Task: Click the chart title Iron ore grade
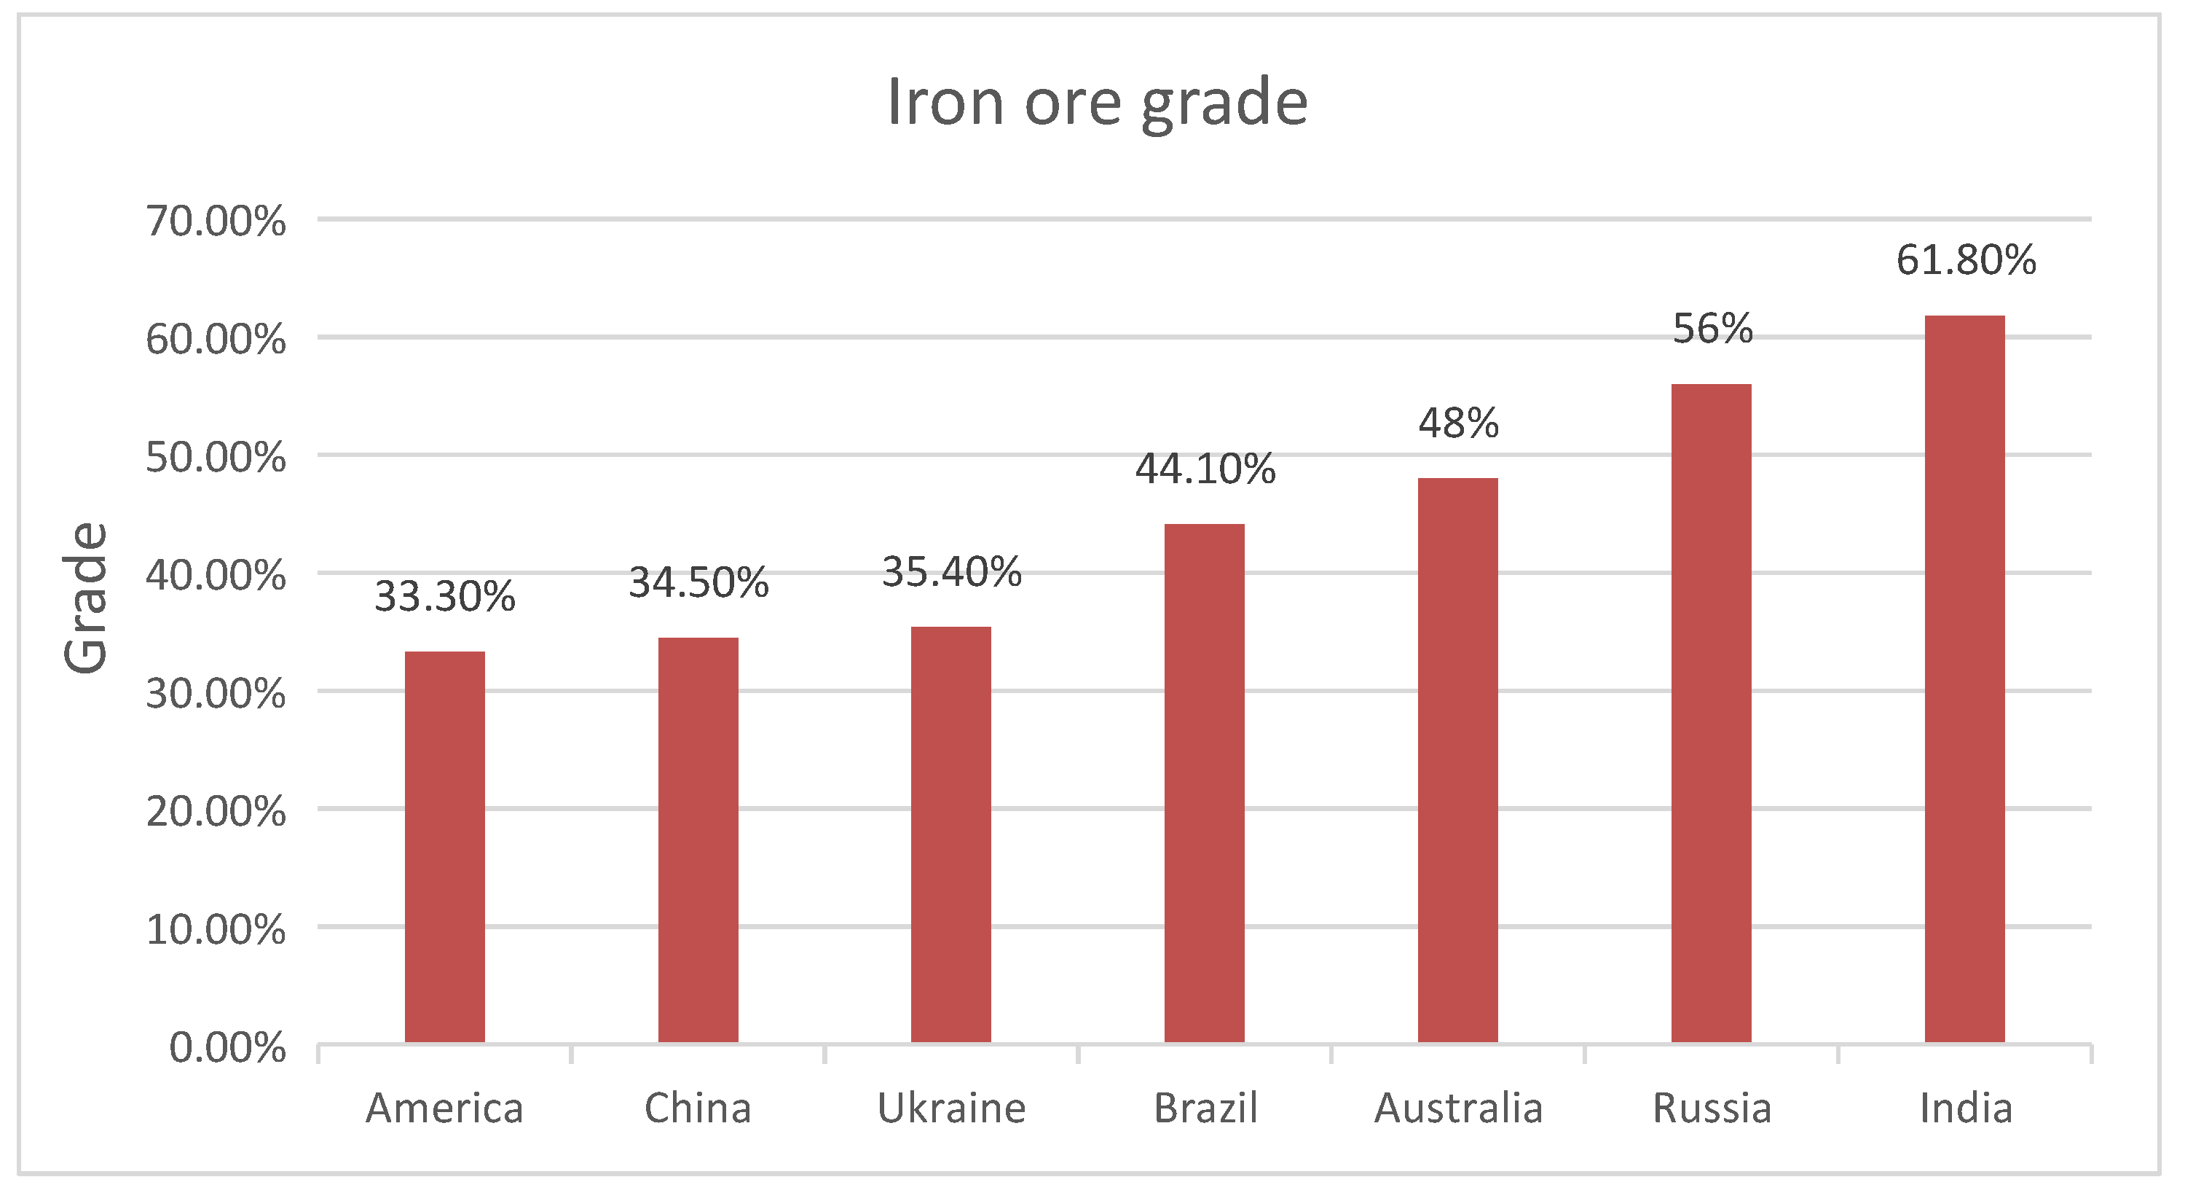pyautogui.click(x=1097, y=102)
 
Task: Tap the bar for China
pyautogui.click(x=698, y=840)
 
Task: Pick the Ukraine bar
pyautogui.click(x=951, y=835)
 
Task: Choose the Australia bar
pyautogui.click(x=1458, y=760)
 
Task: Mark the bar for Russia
pyautogui.click(x=1711, y=713)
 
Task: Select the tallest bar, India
pyautogui.click(x=1964, y=678)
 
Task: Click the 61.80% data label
pyautogui.click(x=1967, y=259)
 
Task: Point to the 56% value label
pyautogui.click(x=1712, y=329)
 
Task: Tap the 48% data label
pyautogui.click(x=1459, y=423)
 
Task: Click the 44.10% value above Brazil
pyautogui.click(x=1205, y=469)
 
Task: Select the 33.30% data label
pyautogui.click(x=444, y=595)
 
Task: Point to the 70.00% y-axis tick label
pyautogui.click(x=216, y=222)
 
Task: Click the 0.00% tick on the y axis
pyautogui.click(x=227, y=1048)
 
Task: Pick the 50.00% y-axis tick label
pyautogui.click(x=216, y=458)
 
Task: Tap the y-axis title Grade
pyautogui.click(x=86, y=598)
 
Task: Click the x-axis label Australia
pyautogui.click(x=1458, y=1108)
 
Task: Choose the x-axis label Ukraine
pyautogui.click(x=951, y=1108)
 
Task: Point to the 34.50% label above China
pyautogui.click(x=698, y=582)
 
